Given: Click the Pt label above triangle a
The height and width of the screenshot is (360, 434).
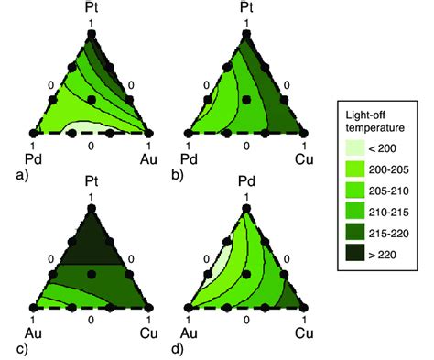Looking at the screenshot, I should click(91, 11).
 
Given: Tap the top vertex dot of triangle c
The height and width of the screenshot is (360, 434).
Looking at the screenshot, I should click(91, 208).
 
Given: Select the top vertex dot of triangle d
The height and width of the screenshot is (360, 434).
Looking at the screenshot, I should click(245, 208).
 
